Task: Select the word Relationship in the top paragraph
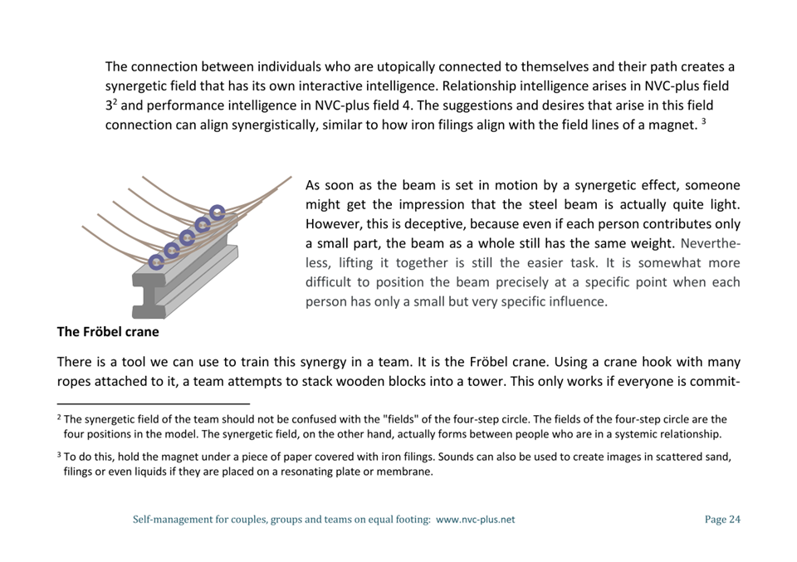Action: (x=482, y=86)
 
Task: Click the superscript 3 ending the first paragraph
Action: (x=703, y=122)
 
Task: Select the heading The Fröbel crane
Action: (x=108, y=332)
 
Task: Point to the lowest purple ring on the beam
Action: (x=156, y=262)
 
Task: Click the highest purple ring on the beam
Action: (x=218, y=212)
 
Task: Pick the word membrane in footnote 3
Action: (x=406, y=472)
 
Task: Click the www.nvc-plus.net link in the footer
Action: (x=475, y=520)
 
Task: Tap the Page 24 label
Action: (x=721, y=520)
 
